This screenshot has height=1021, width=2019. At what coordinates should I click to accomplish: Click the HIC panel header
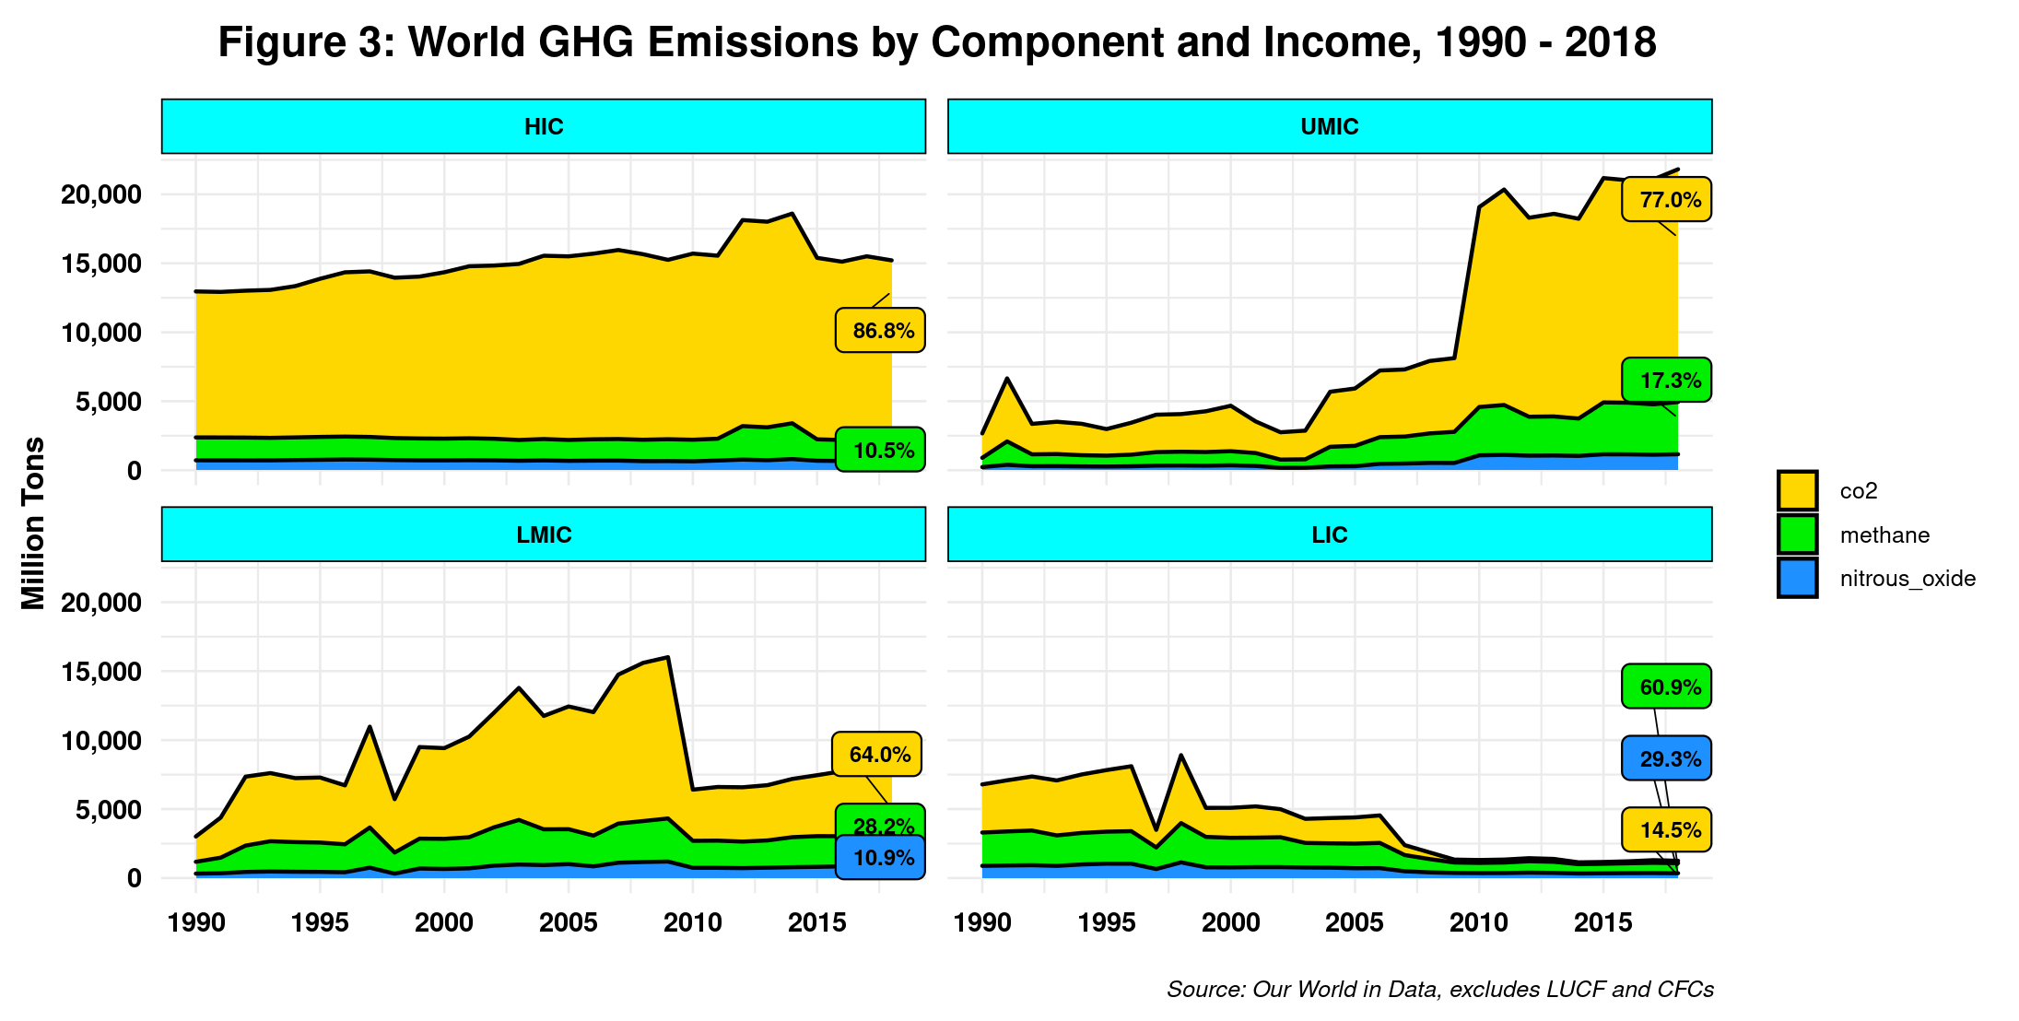coord(544,126)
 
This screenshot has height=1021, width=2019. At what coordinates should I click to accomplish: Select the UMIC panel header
coord(1329,126)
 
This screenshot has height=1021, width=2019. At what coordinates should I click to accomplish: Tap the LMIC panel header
coord(544,534)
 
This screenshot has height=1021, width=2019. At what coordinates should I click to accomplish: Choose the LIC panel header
coord(1329,534)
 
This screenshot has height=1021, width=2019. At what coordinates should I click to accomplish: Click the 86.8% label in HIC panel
coord(881,330)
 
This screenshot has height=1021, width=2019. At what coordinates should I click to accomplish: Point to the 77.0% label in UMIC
coord(1667,200)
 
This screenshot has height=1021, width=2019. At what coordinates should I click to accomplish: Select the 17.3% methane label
coord(1667,380)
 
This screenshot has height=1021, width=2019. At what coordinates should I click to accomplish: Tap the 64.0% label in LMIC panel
coord(877,754)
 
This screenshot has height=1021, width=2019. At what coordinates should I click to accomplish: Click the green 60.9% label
coord(1667,687)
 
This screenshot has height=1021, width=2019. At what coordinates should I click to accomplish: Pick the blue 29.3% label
coord(1667,758)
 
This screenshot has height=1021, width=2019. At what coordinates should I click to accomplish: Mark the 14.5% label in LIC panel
coord(1667,829)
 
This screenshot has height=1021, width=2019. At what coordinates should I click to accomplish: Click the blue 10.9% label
coord(881,858)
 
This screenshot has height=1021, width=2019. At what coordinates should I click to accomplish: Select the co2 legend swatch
coord(1797,490)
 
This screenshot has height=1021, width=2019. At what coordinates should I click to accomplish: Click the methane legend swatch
coord(1797,534)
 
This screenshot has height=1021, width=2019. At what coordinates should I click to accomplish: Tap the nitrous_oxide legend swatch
coord(1797,578)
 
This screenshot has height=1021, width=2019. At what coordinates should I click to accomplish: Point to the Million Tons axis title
coord(34,523)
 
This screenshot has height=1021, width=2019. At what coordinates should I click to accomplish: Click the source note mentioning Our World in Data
coord(1439,989)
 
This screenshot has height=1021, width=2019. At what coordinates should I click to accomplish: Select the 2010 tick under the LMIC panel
coord(692,922)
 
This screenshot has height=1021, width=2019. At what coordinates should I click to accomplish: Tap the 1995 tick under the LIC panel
coord(1106,922)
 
